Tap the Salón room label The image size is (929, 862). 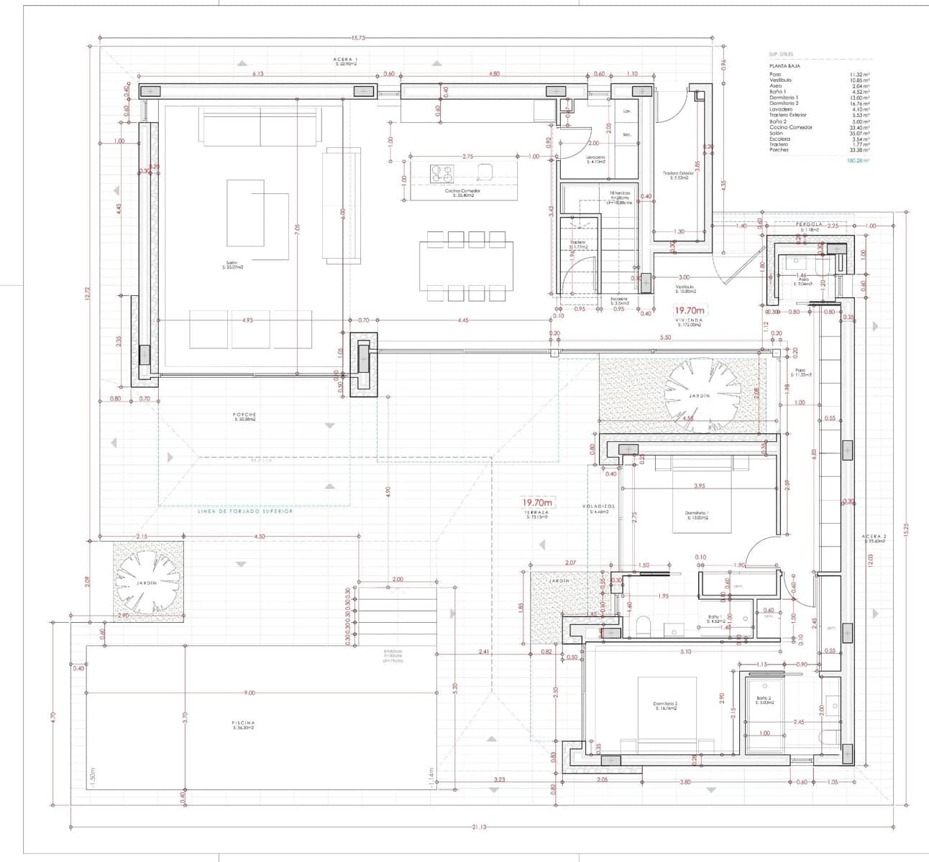point(231,264)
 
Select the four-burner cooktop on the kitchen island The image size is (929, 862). point(441,172)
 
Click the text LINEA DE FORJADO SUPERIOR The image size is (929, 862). point(245,511)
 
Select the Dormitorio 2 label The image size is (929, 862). point(666,705)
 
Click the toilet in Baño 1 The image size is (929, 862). point(644,625)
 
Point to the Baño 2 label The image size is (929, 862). point(764,700)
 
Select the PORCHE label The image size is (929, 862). point(245,416)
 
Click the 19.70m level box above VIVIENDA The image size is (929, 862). point(689,311)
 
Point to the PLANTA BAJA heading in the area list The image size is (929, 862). point(780,66)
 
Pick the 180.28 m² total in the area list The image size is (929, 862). point(859,162)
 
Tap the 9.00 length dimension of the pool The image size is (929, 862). point(249,692)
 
